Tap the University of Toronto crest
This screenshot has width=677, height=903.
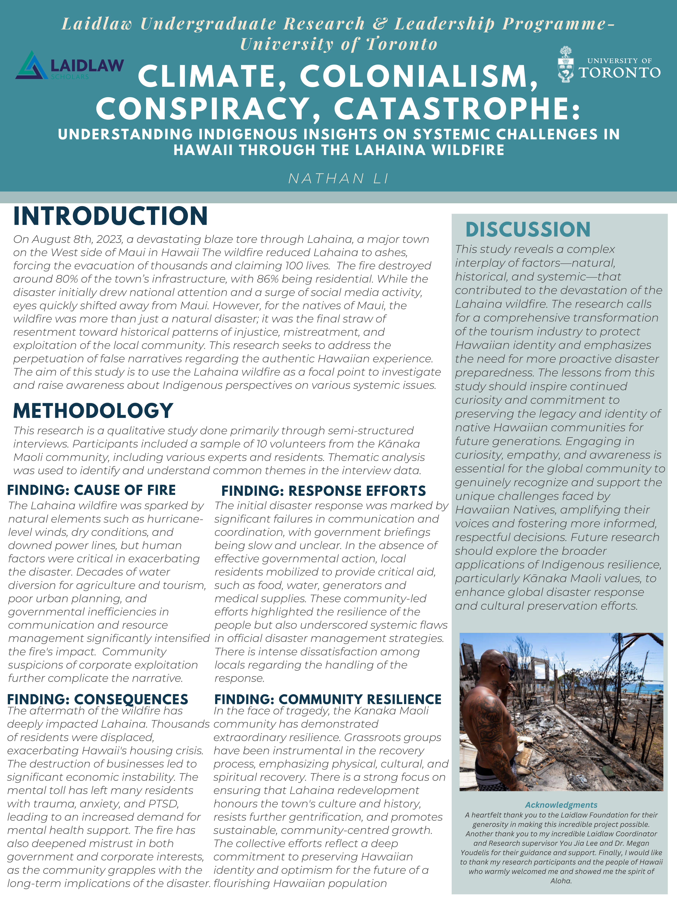[x=566, y=64]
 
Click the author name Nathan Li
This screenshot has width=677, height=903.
[x=338, y=178]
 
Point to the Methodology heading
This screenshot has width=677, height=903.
[x=93, y=411]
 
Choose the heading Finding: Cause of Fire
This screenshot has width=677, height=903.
[x=91, y=490]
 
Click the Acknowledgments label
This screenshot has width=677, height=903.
[x=561, y=805]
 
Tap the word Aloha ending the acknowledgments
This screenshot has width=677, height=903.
[x=561, y=881]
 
